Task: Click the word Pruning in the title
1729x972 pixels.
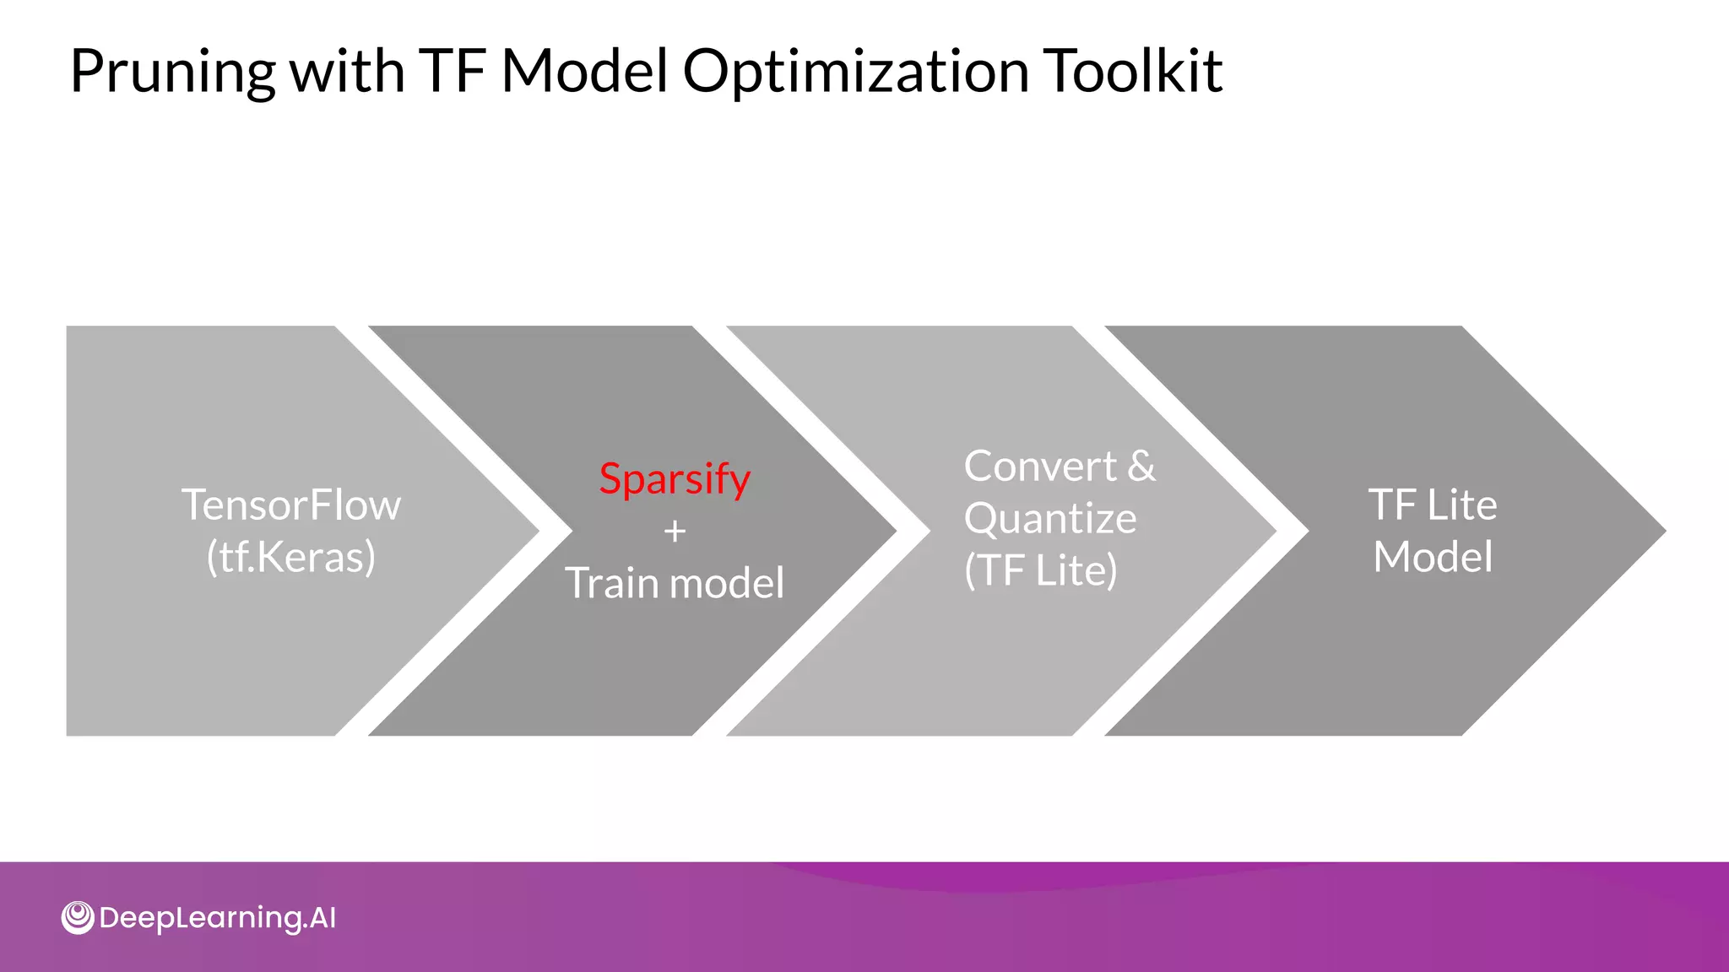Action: (172, 73)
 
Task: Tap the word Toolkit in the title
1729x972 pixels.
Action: (1132, 71)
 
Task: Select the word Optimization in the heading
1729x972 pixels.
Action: (855, 73)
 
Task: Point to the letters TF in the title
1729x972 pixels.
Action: (452, 71)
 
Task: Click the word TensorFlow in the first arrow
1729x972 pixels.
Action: (291, 505)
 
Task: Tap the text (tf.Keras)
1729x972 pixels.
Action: (291, 557)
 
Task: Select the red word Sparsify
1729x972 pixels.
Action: (675, 479)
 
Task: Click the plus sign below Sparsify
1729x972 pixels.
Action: (675, 532)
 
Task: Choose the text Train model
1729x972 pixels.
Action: (675, 583)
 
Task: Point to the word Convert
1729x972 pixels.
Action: (1040, 467)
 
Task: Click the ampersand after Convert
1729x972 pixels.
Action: (1141, 467)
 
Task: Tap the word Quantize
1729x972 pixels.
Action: (1050, 518)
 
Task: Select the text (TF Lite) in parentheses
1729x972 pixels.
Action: (1041, 570)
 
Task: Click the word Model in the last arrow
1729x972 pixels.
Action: (1433, 557)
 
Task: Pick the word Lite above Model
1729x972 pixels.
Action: (1461, 505)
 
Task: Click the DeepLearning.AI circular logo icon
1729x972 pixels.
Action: (78, 917)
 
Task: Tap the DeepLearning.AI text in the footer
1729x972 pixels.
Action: (218, 918)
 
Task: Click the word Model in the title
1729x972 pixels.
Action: (584, 71)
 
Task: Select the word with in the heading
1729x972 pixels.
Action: (347, 71)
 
